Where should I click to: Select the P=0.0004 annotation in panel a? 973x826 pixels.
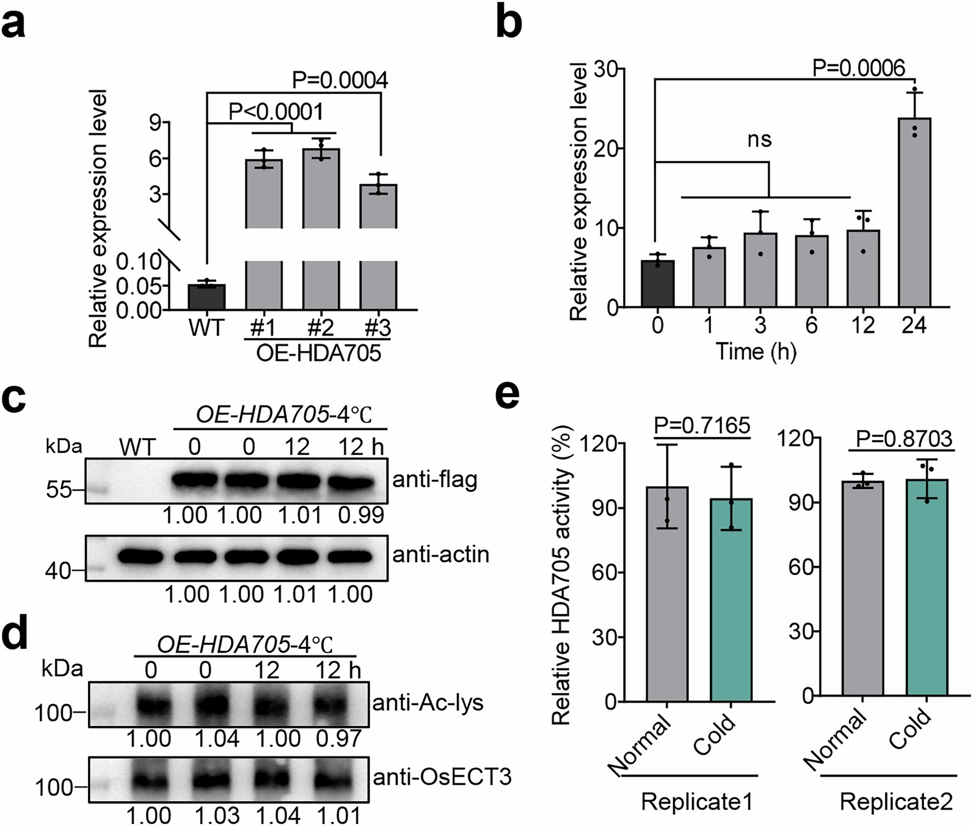click(340, 81)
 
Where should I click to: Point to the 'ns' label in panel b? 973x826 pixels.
click(759, 140)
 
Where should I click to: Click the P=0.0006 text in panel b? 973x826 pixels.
click(858, 68)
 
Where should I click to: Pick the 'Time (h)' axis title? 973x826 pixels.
click(756, 352)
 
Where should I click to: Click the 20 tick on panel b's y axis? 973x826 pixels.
click(605, 148)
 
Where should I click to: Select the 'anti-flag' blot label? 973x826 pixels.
click(435, 480)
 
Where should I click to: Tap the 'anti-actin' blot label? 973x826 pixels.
click(440, 554)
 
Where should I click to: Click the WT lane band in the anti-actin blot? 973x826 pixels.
click(140, 557)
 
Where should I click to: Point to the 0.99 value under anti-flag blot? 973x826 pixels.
click(361, 515)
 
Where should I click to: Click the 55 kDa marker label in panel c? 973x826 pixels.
click(59, 490)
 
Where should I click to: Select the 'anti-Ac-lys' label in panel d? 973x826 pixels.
click(428, 703)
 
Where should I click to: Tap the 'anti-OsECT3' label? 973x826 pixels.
click(442, 777)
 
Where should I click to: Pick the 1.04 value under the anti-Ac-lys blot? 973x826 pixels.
click(217, 739)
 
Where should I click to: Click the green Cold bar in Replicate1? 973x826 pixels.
click(731, 600)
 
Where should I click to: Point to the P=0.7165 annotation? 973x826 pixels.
click(702, 425)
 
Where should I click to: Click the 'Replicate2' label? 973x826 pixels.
click(895, 802)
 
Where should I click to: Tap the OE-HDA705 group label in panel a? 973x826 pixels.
click(318, 353)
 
